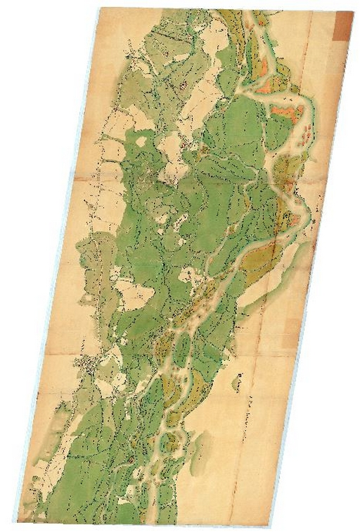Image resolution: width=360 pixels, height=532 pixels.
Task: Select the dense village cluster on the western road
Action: [x=90, y=365]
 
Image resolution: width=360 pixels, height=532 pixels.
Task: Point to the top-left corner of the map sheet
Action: [x=99, y=8]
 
